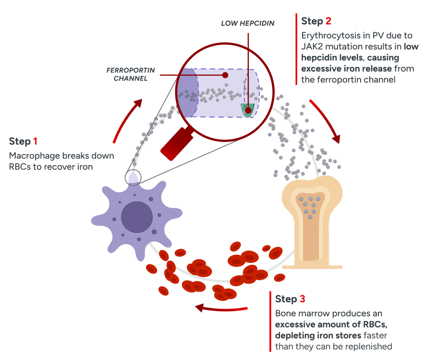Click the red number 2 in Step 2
click(x=328, y=21)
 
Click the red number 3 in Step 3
click(x=302, y=299)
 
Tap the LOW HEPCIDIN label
click(x=248, y=23)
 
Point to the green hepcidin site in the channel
click(x=248, y=110)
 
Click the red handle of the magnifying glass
click(x=176, y=144)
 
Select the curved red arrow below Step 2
click(x=327, y=120)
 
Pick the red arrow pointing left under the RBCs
click(x=221, y=308)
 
